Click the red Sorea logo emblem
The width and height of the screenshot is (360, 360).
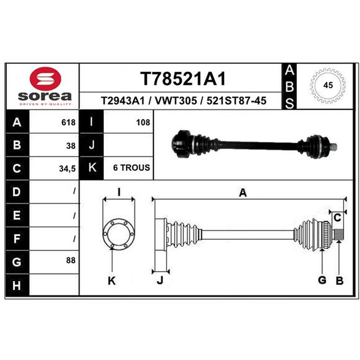45,78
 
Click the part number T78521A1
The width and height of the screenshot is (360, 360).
183,79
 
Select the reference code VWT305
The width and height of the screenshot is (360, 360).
176,101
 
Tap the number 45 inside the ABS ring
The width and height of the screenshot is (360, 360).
328,85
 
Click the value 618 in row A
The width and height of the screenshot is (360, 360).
68,122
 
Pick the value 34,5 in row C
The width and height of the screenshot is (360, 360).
67,169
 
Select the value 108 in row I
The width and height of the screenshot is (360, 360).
143,122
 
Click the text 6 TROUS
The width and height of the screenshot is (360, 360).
131,167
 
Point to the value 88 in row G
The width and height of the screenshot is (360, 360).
71,261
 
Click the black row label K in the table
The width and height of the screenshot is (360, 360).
92,168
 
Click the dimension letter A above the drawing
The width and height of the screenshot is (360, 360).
243,193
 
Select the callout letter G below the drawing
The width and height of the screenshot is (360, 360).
322,280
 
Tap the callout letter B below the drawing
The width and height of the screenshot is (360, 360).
340,280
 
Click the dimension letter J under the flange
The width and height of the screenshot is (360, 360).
160,280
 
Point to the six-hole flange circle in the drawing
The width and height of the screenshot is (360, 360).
119,234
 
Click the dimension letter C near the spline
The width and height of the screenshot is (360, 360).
337,218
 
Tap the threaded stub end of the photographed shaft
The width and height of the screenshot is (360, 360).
333,147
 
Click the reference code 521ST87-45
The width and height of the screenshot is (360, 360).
237,101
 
